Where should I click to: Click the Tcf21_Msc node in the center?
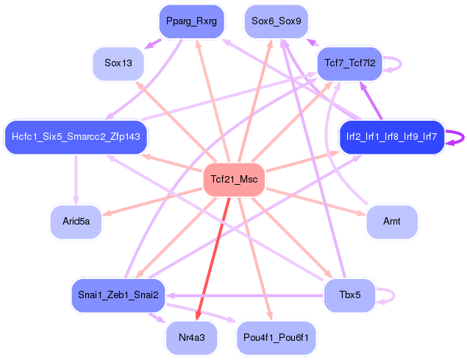[x=233, y=180]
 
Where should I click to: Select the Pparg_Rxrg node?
[x=190, y=21]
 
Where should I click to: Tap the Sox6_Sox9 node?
[x=276, y=21]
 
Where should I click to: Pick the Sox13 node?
[x=118, y=63]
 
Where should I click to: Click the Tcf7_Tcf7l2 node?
[x=349, y=63]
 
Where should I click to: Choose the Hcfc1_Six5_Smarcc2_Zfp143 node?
[x=76, y=136]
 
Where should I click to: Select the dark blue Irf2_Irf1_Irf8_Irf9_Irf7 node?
[x=391, y=136]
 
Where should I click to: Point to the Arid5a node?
[x=76, y=222]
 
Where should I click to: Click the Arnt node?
[x=392, y=222]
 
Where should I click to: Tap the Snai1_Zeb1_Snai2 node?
[x=118, y=295]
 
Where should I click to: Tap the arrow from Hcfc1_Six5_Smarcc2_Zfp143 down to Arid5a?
[x=76, y=177]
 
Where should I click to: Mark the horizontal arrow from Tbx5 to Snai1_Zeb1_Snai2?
[x=243, y=295]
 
